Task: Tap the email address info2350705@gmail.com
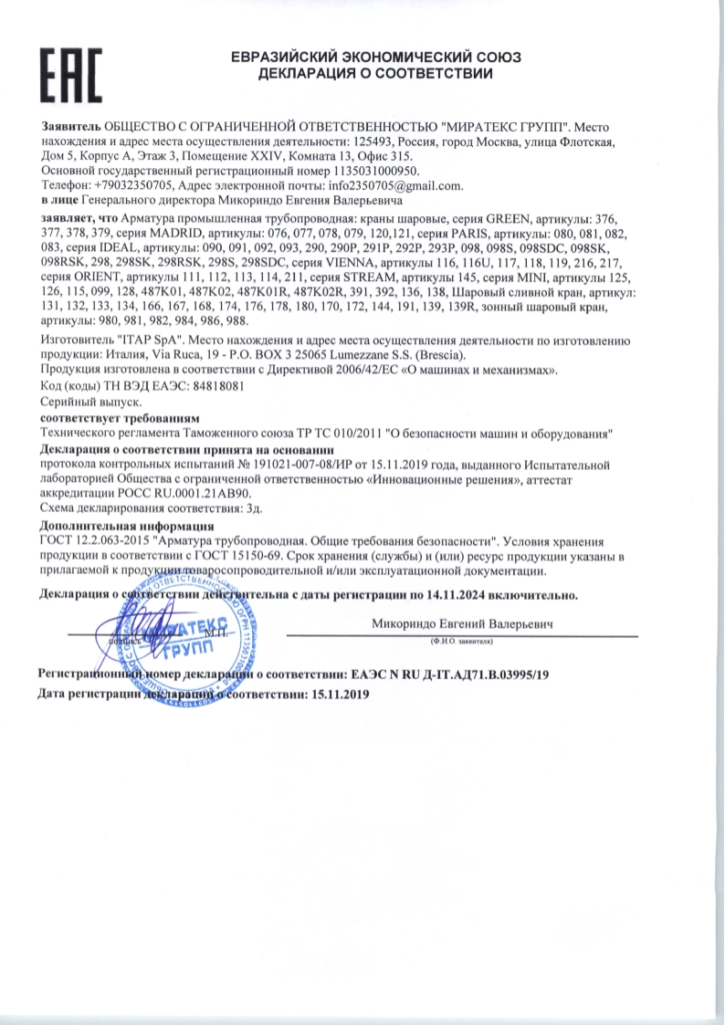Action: point(403,185)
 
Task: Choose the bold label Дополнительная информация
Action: point(128,527)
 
